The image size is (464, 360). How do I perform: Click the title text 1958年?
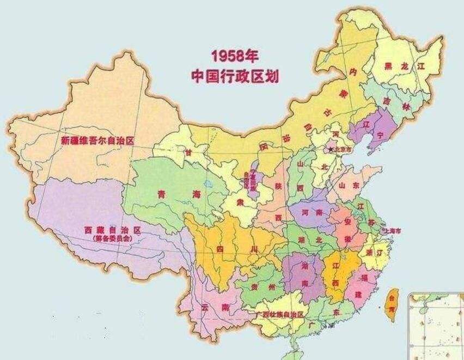coord(234,57)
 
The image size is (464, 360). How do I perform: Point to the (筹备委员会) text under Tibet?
coord(112,238)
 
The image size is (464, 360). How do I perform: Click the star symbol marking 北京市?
coord(329,148)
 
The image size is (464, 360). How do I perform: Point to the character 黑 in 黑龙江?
coord(388,66)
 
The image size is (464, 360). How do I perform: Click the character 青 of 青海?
coord(161,194)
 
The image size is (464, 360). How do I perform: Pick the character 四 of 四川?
coord(220,249)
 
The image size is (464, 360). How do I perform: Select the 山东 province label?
coord(351,185)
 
